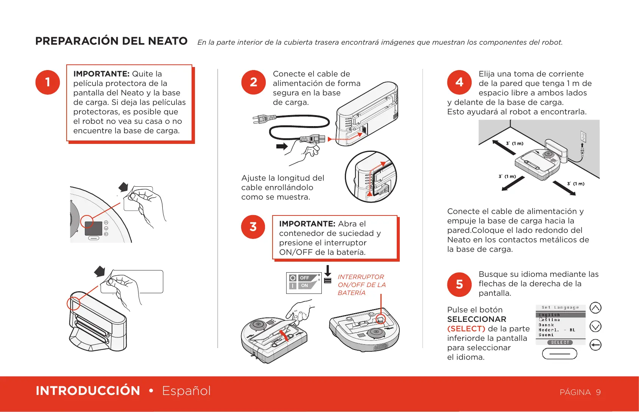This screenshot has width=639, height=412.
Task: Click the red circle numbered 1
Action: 48,82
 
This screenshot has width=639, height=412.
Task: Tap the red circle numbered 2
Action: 254,82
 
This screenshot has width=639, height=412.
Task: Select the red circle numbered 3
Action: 253,227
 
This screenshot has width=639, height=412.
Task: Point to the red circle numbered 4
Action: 459,82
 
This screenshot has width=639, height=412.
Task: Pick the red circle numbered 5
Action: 459,284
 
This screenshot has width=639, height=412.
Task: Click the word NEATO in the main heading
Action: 168,41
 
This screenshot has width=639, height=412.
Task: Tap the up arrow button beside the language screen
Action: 595,308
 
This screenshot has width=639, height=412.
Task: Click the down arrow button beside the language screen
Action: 595,326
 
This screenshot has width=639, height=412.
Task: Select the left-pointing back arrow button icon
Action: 595,345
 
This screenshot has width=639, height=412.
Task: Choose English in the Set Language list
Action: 549,315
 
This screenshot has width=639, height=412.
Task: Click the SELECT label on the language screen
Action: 560,342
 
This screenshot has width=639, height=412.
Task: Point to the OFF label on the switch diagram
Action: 305,278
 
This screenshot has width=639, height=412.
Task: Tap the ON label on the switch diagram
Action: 305,286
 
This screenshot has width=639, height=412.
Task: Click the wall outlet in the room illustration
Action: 583,136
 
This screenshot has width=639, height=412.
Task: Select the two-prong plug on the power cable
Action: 260,119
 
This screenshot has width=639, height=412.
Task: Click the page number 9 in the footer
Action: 598,392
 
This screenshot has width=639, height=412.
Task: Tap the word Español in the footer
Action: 186,391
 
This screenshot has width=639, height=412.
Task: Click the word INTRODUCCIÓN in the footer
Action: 88,391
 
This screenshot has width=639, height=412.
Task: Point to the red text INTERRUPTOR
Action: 361,277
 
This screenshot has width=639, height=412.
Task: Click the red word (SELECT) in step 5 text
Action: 466,329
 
